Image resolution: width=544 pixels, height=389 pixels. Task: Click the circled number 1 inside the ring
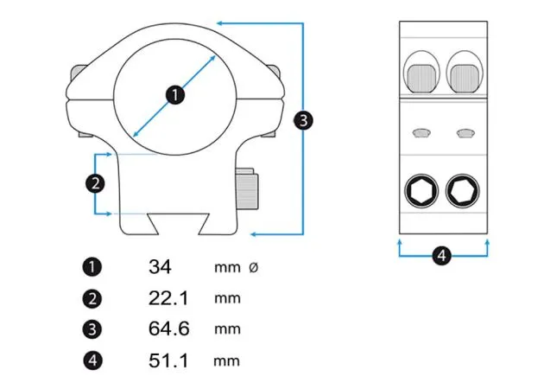pos(175,95)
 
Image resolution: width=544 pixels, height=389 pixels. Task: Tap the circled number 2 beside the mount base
pos(95,182)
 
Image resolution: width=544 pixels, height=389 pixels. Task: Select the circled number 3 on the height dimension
pos(302,120)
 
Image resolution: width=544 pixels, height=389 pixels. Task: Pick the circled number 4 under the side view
pos(441,256)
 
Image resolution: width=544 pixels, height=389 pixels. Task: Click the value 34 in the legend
pos(160,267)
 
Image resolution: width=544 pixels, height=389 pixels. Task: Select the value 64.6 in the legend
pos(168,329)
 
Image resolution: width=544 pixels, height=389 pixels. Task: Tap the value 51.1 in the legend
pos(168,360)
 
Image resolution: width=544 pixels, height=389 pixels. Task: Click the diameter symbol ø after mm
pos(253,268)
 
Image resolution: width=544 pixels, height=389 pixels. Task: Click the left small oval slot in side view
pos(421,133)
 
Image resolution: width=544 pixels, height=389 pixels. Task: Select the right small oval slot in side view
pos(465,133)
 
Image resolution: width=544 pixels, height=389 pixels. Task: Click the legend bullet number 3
pos(93,329)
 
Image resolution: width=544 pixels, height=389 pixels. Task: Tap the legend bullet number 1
pos(93,268)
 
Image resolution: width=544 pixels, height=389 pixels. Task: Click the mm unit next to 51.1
pos(226,360)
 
